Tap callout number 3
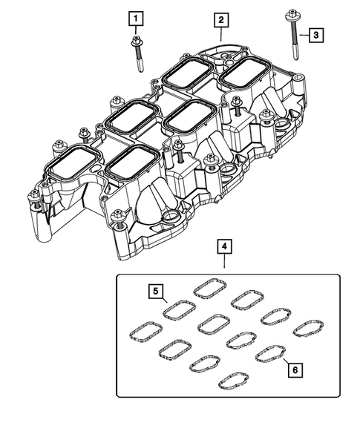[315, 35]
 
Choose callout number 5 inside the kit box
[157, 291]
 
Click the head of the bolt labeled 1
[136, 42]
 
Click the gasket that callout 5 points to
[179, 307]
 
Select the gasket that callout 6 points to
[269, 354]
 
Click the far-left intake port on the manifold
[73, 162]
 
